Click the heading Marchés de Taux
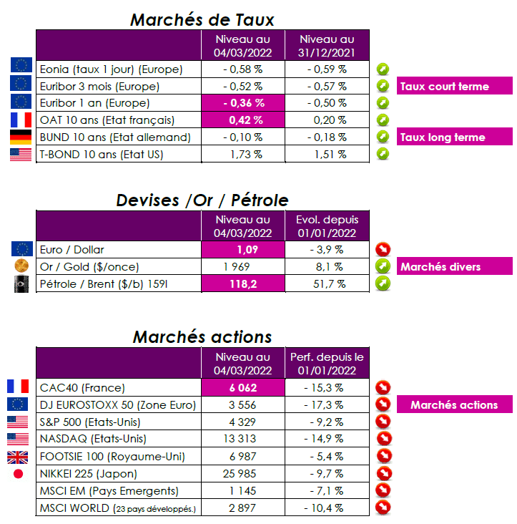[202, 19]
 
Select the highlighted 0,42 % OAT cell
[242, 120]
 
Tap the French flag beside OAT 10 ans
[21, 120]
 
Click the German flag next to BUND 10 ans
[21, 137]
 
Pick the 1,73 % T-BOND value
[242, 154]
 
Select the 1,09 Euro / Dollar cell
[242, 250]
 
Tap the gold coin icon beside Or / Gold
[21, 266]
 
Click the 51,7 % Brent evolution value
[327, 283]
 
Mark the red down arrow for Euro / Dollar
[384, 250]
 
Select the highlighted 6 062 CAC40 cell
[242, 387]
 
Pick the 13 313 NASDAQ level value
[242, 439]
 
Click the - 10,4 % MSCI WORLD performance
[327, 508]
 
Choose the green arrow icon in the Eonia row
[384, 69]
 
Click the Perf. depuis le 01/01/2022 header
[327, 362]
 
